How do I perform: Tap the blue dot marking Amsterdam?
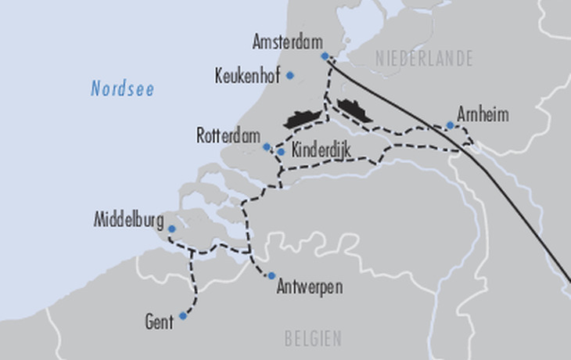click(x=325, y=56)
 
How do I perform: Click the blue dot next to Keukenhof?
click(x=289, y=75)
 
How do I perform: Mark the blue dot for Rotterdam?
click(x=267, y=146)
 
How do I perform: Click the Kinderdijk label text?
click(x=321, y=149)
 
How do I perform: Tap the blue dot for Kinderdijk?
click(x=281, y=152)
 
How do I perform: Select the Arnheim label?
click(x=483, y=115)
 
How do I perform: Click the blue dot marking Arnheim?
click(x=450, y=125)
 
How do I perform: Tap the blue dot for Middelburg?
click(x=172, y=229)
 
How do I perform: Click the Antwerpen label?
click(x=310, y=288)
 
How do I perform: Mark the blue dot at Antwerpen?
click(x=271, y=275)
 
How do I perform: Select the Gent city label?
click(x=160, y=322)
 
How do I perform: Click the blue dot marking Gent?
click(x=183, y=316)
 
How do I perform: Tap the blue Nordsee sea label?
click(x=122, y=88)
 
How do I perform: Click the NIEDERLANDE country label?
click(x=424, y=58)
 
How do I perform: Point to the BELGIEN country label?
click(x=313, y=339)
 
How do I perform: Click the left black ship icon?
click(x=302, y=119)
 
